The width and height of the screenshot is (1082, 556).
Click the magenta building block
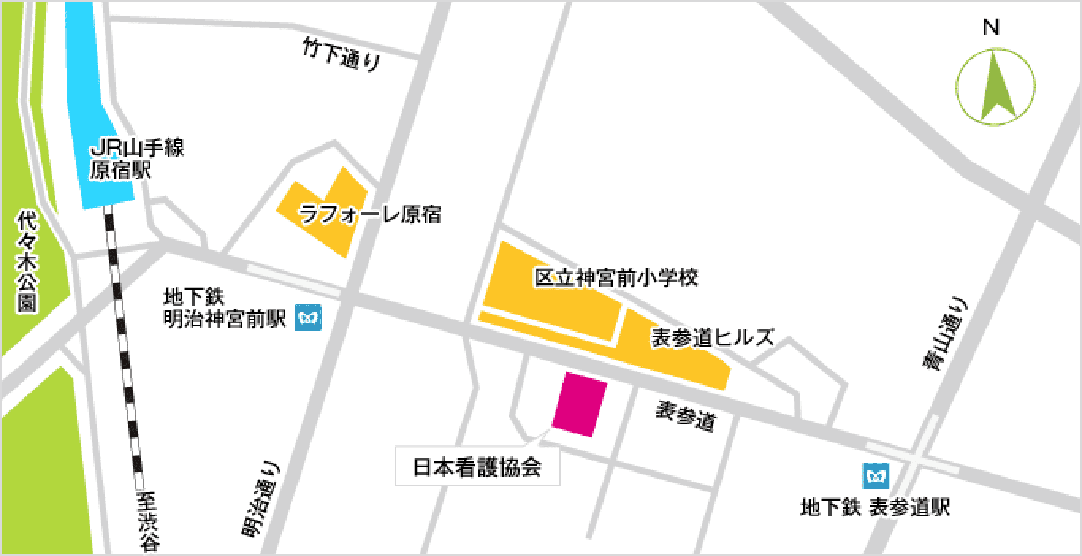coord(579,404)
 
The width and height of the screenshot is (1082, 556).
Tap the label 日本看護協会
coord(477,467)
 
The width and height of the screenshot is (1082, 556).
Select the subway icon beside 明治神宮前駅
coord(308,318)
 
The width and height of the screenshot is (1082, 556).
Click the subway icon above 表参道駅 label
coord(876,476)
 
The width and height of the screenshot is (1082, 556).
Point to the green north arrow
coord(997,90)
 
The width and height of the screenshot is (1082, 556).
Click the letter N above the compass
coord(991,27)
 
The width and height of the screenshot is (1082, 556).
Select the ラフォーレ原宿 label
coord(370,214)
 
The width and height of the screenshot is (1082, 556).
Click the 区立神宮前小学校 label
coord(616,278)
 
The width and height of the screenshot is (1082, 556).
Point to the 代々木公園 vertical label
coord(27,261)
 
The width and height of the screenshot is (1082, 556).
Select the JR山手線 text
coord(137,148)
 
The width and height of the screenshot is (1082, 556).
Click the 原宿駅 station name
coord(120,170)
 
